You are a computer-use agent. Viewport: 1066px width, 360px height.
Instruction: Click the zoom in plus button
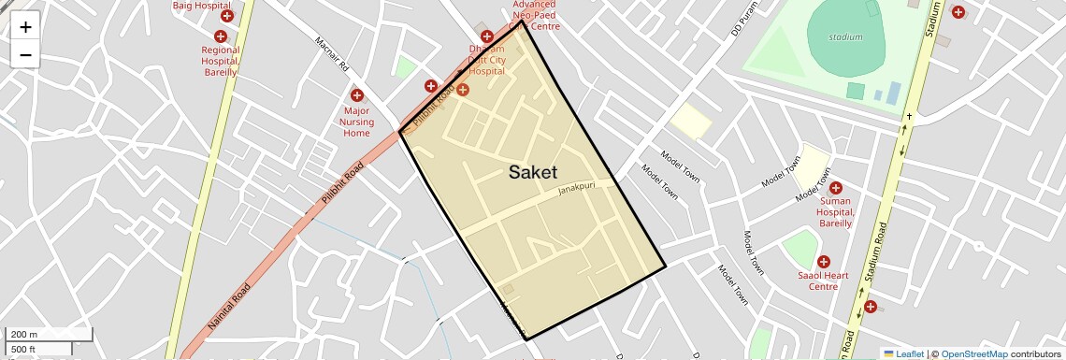coord(25,27)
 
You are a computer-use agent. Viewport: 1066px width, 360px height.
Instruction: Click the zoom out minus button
coord(25,54)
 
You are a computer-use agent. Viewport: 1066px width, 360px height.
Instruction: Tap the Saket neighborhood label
coord(533,172)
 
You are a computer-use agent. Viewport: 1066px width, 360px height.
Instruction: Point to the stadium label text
coord(845,37)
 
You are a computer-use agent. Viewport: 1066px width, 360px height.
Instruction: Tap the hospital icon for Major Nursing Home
coord(356,95)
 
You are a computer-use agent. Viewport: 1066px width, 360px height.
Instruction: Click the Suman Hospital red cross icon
coord(835,187)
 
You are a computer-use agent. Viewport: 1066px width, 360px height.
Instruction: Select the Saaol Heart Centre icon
coord(823,263)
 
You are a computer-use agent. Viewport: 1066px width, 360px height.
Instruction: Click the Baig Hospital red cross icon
coord(227,16)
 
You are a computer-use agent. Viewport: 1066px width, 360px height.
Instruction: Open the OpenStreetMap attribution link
coord(973,353)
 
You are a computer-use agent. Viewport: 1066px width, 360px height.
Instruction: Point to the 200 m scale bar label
coord(25,335)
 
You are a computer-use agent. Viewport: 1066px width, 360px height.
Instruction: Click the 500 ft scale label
coord(25,350)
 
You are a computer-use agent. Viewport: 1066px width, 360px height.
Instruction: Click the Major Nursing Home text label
coord(356,122)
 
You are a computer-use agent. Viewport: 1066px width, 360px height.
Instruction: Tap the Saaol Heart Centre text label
coord(823,281)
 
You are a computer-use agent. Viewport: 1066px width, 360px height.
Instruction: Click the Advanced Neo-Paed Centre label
coord(534,15)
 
